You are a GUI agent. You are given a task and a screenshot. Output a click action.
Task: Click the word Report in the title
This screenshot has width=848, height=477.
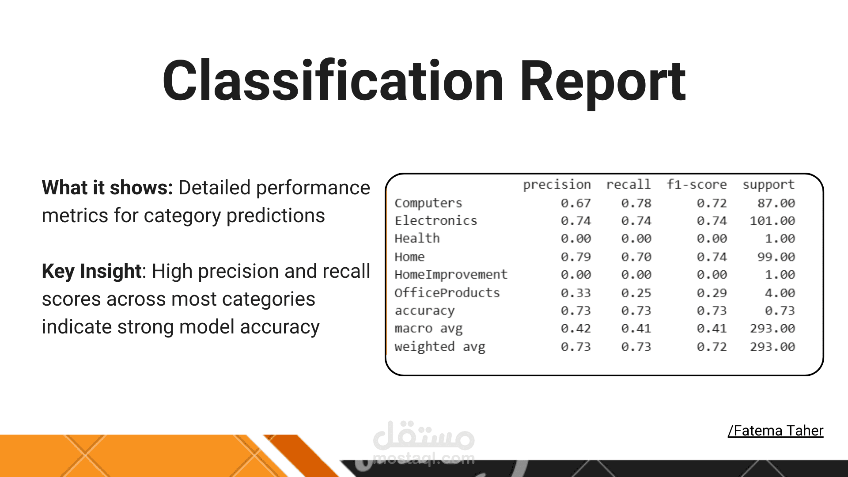click(x=603, y=84)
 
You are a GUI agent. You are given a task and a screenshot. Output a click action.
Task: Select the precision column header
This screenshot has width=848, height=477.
click(x=557, y=185)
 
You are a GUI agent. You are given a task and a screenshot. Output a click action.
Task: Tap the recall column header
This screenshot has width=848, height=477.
click(x=628, y=184)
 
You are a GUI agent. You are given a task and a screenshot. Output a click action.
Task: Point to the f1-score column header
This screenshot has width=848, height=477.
click(x=697, y=184)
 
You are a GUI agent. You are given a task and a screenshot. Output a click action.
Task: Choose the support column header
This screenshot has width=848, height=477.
click(x=768, y=185)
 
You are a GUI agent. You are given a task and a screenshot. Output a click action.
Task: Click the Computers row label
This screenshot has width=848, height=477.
click(x=428, y=203)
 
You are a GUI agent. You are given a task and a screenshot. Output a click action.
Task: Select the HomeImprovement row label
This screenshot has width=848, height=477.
click(x=451, y=275)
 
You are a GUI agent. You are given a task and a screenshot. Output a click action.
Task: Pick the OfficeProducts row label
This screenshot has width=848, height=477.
click(x=447, y=292)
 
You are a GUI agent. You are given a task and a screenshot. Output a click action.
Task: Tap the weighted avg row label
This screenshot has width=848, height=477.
click(x=440, y=347)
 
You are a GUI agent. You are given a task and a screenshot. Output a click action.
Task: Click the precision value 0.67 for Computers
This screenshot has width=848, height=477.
click(x=576, y=203)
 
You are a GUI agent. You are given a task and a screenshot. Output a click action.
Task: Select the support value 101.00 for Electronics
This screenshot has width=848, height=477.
click(x=772, y=221)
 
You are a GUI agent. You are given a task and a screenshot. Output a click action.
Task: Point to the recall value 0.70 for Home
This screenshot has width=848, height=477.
click(x=636, y=257)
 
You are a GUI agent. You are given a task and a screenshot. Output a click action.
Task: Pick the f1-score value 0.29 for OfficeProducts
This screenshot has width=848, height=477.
click(x=712, y=293)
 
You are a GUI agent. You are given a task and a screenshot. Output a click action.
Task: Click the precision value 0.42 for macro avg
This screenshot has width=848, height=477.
click(x=576, y=329)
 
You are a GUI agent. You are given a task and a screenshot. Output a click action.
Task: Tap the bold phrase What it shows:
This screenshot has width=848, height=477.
click(x=107, y=188)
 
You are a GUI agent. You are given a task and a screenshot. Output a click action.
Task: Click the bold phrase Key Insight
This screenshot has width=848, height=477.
click(x=91, y=271)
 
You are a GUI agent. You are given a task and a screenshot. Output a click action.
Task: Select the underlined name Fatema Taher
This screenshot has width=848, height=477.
click(x=776, y=430)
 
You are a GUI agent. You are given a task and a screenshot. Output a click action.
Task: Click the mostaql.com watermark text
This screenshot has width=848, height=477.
click(x=424, y=459)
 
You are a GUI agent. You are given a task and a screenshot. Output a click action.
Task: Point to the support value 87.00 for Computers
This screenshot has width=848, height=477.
click(x=776, y=203)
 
